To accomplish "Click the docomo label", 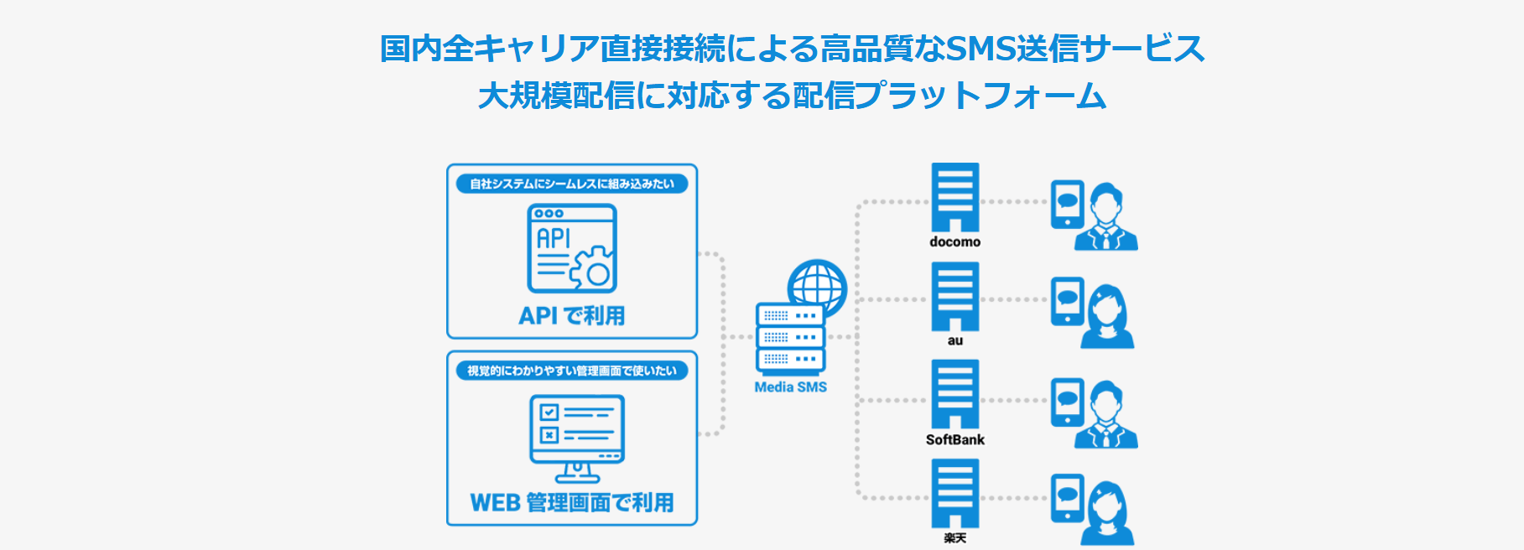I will click(x=954, y=241).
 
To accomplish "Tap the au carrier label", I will click(x=954, y=340).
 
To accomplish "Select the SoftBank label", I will click(x=954, y=439).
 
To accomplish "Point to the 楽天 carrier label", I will click(x=954, y=538).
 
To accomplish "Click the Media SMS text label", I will click(x=790, y=387).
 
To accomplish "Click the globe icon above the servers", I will click(x=817, y=286).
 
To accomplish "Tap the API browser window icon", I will click(x=571, y=248).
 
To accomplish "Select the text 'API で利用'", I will click(x=571, y=316).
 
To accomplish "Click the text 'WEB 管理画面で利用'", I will click(x=571, y=502).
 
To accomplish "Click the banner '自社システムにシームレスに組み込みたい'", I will click(x=571, y=184).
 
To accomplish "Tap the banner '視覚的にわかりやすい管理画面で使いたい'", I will click(x=571, y=371).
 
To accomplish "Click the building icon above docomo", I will click(x=954, y=197).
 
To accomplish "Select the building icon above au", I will click(x=954, y=296).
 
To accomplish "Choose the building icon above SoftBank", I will click(x=954, y=394).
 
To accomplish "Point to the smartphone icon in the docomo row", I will click(x=1067, y=204).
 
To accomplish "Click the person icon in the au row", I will click(x=1107, y=317).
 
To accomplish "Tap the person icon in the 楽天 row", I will click(x=1107, y=513).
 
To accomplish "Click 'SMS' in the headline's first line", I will click(x=980, y=48).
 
